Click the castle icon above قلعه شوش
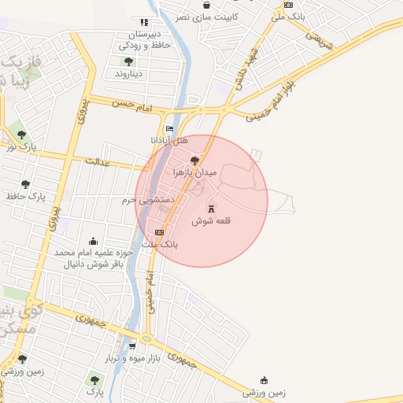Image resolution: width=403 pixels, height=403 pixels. pos(211,208)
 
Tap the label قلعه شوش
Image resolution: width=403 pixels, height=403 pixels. pos(212,221)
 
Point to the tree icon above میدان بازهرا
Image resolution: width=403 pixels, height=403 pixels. pos(195,160)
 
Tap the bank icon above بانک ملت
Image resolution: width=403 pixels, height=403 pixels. pos(160,232)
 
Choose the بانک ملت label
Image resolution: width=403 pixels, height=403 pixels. pos(159,245)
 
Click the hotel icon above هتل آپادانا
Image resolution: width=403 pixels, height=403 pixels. pos(168,129)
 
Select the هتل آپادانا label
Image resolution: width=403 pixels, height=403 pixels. pos(169,141)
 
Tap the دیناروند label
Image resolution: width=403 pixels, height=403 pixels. pos(128,73)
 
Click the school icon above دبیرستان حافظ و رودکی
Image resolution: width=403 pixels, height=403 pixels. pos(143,22)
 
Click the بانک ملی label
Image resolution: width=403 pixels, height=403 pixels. pos(288,16)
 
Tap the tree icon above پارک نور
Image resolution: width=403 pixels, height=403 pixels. pos(21,135)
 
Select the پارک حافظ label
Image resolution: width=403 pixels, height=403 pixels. pos(27,195)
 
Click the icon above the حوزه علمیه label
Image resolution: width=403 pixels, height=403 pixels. pos(94,241)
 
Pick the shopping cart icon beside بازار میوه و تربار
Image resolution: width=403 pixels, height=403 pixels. pos(132,346)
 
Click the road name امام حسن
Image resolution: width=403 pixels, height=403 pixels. pos(131,102)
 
